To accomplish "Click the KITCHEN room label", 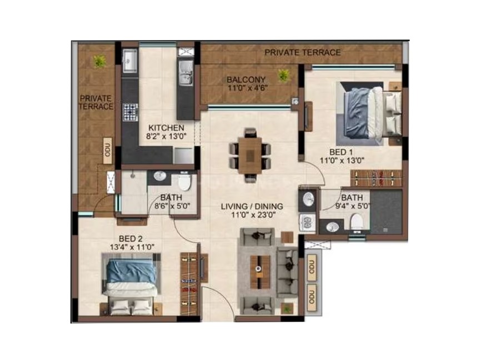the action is (167, 128).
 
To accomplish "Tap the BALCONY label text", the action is (246, 79).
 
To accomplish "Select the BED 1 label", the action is (341, 152).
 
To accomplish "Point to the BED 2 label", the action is (131, 238).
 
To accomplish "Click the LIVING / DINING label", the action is (252, 207).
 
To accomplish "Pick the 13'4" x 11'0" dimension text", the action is (132, 247).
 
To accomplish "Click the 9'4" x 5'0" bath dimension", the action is (353, 206).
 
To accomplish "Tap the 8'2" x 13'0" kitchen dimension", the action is (167, 136).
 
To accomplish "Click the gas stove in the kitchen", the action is (131, 112).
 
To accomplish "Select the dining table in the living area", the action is (250, 156).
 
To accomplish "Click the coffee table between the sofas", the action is (260, 272).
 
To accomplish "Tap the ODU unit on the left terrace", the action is (108, 151).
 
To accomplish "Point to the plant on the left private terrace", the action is (99, 61).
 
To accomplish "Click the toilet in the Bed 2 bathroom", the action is (184, 182).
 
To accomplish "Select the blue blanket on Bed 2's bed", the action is (131, 271).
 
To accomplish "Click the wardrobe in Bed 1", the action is (376, 178).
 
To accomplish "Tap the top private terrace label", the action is (303, 52).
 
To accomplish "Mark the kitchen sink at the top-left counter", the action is (130, 60).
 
